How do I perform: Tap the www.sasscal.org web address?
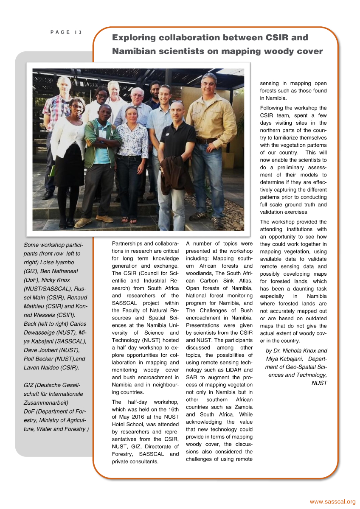[332, 502]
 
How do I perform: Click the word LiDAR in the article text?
[231, 370]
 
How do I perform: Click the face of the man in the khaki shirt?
[209, 84]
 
